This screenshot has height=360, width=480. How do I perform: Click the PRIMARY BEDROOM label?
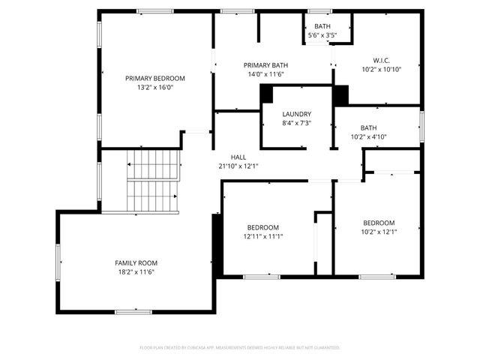tap(154, 78)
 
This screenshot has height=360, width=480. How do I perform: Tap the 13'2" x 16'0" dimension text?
tap(154, 87)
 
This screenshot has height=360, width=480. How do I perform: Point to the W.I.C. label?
tap(382, 60)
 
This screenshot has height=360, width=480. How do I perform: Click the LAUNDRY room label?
tap(296, 114)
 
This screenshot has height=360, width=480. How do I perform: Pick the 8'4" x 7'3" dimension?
tap(296, 123)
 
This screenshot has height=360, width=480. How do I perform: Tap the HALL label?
tap(238, 157)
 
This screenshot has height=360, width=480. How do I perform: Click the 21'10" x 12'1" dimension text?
tap(238, 166)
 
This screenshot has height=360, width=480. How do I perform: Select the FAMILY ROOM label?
tap(136, 262)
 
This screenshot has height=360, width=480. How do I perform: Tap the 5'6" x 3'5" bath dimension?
tap(322, 35)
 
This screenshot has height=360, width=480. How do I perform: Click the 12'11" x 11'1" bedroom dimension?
tap(262, 236)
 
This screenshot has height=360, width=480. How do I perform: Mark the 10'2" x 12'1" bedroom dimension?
tap(378, 232)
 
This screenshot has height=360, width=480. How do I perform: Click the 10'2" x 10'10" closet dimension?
tap(382, 69)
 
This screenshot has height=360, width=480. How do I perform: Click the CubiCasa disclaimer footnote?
tap(240, 348)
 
